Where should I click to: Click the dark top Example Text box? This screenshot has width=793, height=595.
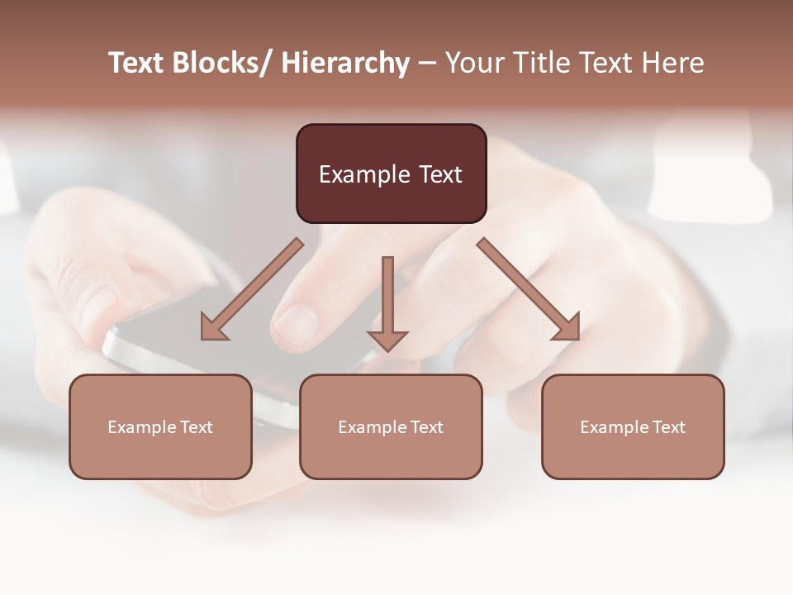[x=391, y=174]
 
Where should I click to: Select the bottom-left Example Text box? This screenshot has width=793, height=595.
[x=160, y=426]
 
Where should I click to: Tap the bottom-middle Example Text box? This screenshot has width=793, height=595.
[x=391, y=426]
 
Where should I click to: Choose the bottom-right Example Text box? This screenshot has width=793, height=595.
[x=633, y=426]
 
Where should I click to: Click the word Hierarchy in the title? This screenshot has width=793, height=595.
[x=345, y=63]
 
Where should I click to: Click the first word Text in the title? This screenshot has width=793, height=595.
[x=137, y=63]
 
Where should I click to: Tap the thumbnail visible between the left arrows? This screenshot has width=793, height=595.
[x=296, y=322]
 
